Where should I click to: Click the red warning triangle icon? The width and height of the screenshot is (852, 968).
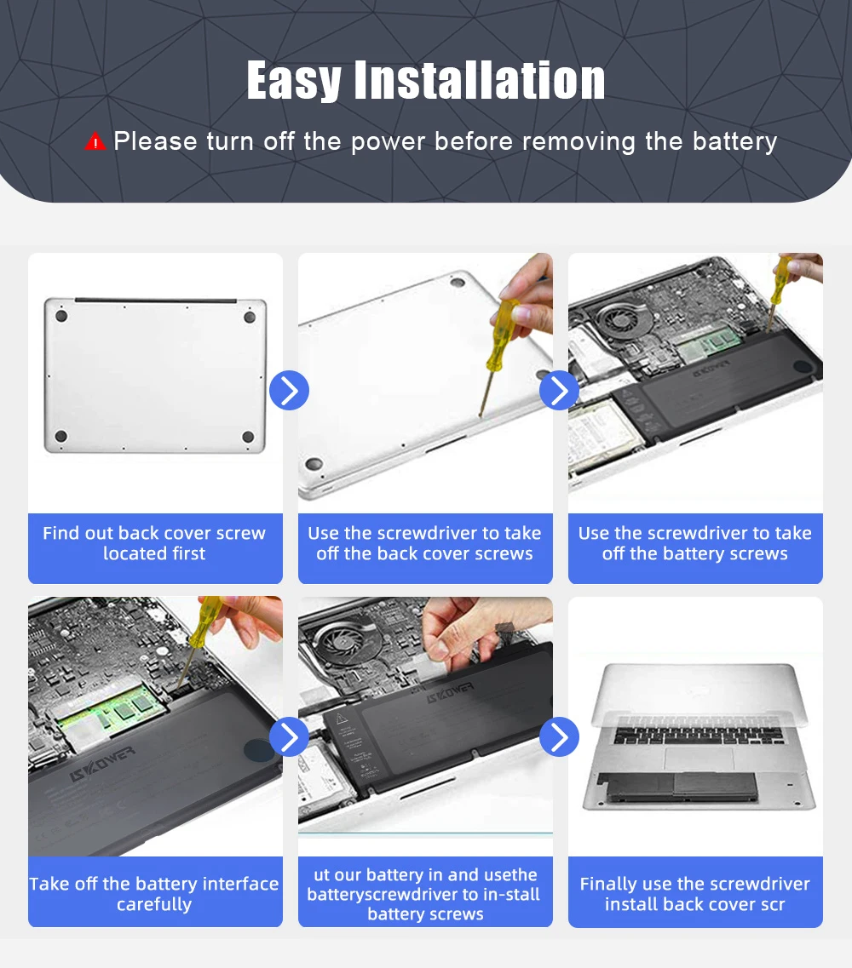click(95, 142)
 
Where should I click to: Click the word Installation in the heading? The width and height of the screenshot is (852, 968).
click(480, 80)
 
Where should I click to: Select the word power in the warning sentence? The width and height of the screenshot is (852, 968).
click(388, 142)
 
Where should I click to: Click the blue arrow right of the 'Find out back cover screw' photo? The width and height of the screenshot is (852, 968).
click(289, 390)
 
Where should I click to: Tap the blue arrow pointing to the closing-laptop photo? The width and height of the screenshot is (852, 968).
click(559, 736)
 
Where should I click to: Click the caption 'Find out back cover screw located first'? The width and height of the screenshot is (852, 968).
click(154, 542)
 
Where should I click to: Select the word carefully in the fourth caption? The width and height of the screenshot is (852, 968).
click(154, 904)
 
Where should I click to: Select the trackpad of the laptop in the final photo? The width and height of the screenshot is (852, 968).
click(698, 759)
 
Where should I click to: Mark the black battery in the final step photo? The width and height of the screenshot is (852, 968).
click(677, 788)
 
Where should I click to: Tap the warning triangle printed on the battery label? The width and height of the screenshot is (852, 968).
click(341, 719)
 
